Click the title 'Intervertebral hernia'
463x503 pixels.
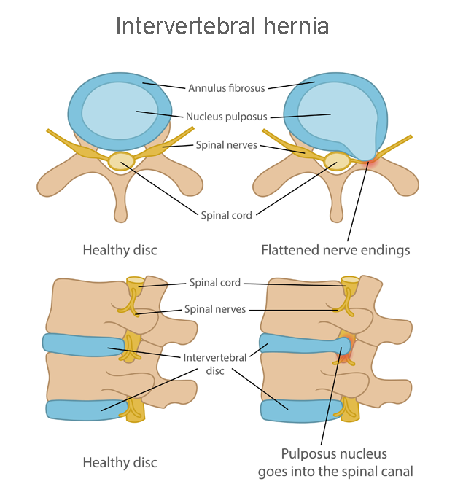pyautogui.click(x=222, y=26)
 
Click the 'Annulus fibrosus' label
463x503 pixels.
pyautogui.click(x=226, y=88)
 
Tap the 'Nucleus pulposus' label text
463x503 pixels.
pyautogui.click(x=226, y=116)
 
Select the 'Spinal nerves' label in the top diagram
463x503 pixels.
pyautogui.click(x=226, y=145)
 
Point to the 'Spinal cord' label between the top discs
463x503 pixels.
pyautogui.click(x=226, y=215)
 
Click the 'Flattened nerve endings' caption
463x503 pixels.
pyautogui.click(x=335, y=250)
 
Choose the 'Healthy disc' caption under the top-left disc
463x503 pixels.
pyautogui.click(x=120, y=250)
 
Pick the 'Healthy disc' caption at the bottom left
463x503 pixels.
pyautogui.click(x=120, y=462)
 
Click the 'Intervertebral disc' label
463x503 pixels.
pyautogui.click(x=216, y=364)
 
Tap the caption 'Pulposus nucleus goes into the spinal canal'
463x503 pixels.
pyautogui.click(x=335, y=462)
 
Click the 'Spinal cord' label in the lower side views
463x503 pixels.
pyautogui.click(x=215, y=283)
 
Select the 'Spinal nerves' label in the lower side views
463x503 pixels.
pyautogui.click(x=215, y=309)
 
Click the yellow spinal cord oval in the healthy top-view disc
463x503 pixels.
pyautogui.click(x=121, y=161)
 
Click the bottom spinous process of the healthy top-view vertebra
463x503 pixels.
pyautogui.click(x=121, y=211)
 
